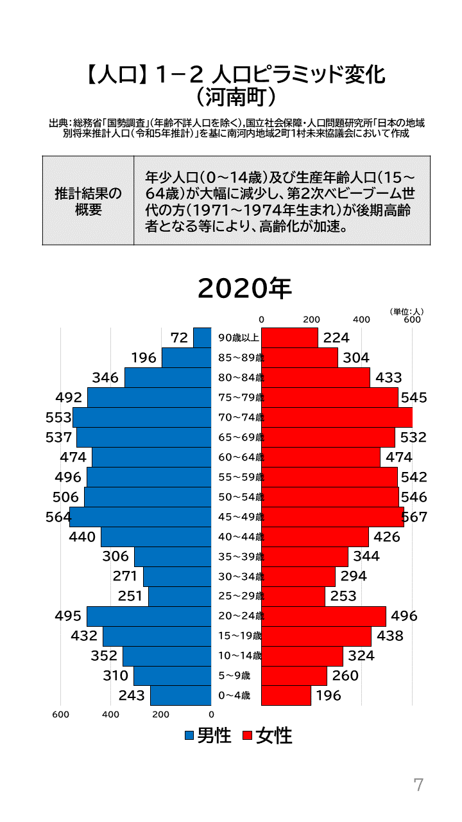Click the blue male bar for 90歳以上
tap(203, 338)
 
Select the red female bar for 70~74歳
tap(336, 417)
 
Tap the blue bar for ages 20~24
tap(149, 616)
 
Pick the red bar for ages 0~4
tap(286, 695)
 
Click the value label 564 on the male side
tap(58, 518)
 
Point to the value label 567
tap(414, 518)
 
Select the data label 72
tap(180, 338)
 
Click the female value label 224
tap(336, 338)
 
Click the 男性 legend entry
tap(208, 736)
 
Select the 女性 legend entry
tap(268, 736)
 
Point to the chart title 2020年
tap(244, 288)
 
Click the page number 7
tap(418, 785)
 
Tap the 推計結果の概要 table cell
tap(89, 201)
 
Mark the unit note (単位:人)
tap(406, 311)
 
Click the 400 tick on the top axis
tap(361, 319)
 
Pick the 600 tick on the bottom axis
tap(60, 713)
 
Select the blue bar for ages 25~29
tap(180, 597)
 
